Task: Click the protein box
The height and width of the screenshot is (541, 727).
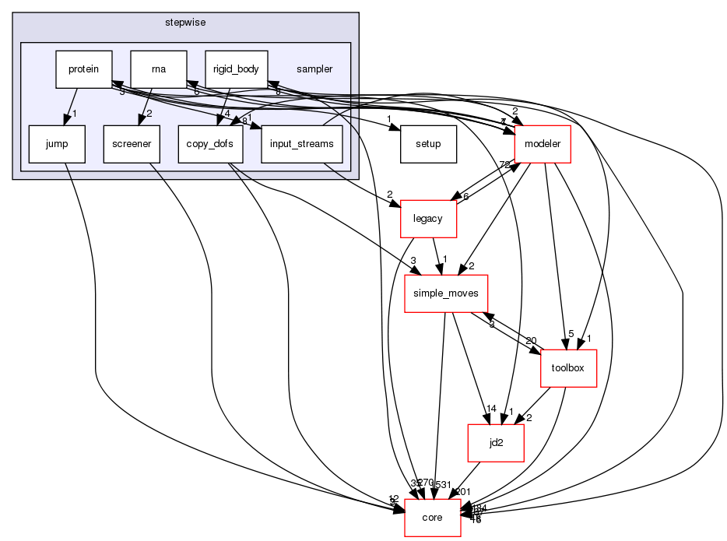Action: (83, 69)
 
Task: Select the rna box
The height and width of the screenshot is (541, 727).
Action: (158, 69)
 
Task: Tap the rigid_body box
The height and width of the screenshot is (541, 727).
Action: (236, 69)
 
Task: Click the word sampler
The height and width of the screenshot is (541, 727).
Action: (314, 69)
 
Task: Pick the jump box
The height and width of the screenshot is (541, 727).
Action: (56, 144)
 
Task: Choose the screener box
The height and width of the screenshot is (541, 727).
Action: (131, 144)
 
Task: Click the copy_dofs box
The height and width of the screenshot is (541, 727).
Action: (210, 144)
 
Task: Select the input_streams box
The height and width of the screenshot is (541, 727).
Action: (302, 144)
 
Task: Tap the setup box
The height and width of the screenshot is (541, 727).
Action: (428, 144)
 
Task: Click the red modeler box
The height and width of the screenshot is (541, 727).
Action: (543, 144)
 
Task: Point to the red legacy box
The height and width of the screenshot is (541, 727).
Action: (427, 219)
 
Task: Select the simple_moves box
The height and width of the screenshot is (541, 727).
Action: (446, 293)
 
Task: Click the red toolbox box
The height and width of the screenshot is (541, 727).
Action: (568, 368)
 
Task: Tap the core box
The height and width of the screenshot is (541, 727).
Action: (432, 518)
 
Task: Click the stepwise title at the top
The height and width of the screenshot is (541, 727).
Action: (184, 23)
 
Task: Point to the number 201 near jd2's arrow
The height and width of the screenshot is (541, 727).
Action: (464, 491)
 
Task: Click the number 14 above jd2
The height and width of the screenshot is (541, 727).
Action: (490, 409)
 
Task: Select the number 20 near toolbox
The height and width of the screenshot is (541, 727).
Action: (532, 340)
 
